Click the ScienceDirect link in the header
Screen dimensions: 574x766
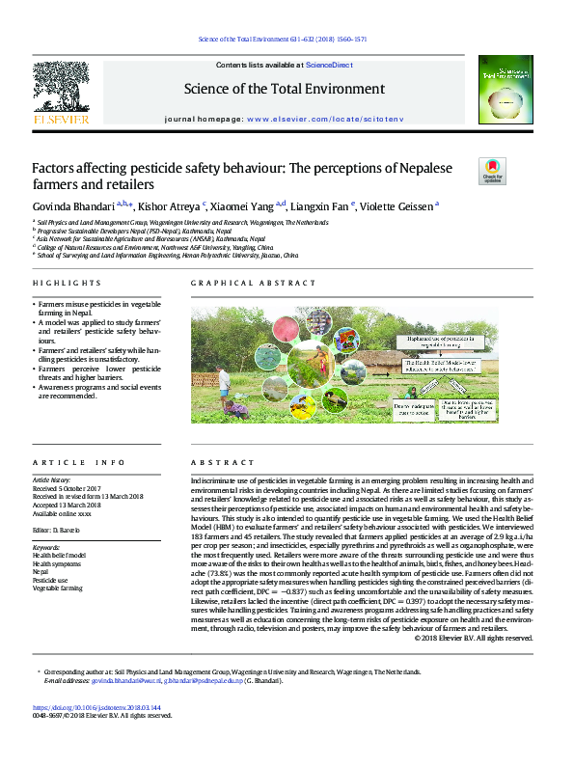(x=329, y=64)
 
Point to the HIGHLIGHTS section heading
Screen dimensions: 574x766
(x=67, y=284)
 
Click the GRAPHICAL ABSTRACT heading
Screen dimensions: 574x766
(x=253, y=284)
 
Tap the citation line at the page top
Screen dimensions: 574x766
(x=287, y=40)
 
